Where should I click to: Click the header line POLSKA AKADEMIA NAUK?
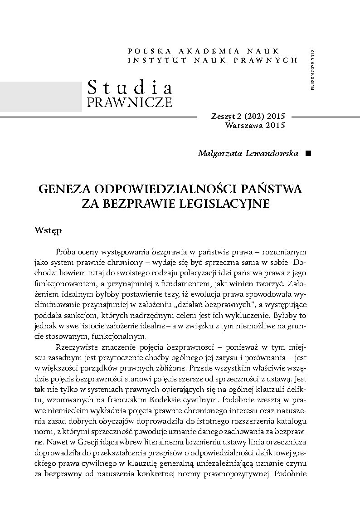coord(204,51)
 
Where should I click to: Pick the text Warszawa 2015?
coord(254,125)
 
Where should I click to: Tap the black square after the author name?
coord(308,153)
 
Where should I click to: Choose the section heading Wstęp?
coord(48,231)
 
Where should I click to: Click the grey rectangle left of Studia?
coord(41,97)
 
